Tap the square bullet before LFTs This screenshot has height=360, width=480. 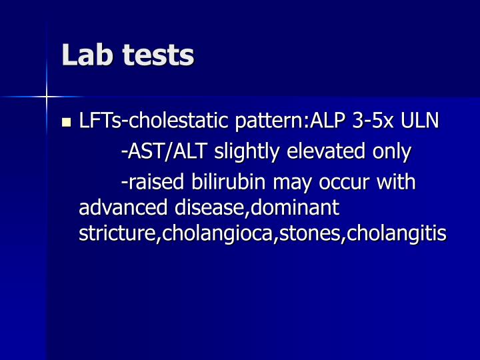coord(65,122)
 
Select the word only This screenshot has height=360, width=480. coord(391,152)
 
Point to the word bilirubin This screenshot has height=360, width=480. coord(222,182)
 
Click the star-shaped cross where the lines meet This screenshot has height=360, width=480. coord(47,97)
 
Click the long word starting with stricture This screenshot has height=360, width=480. coord(263,234)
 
